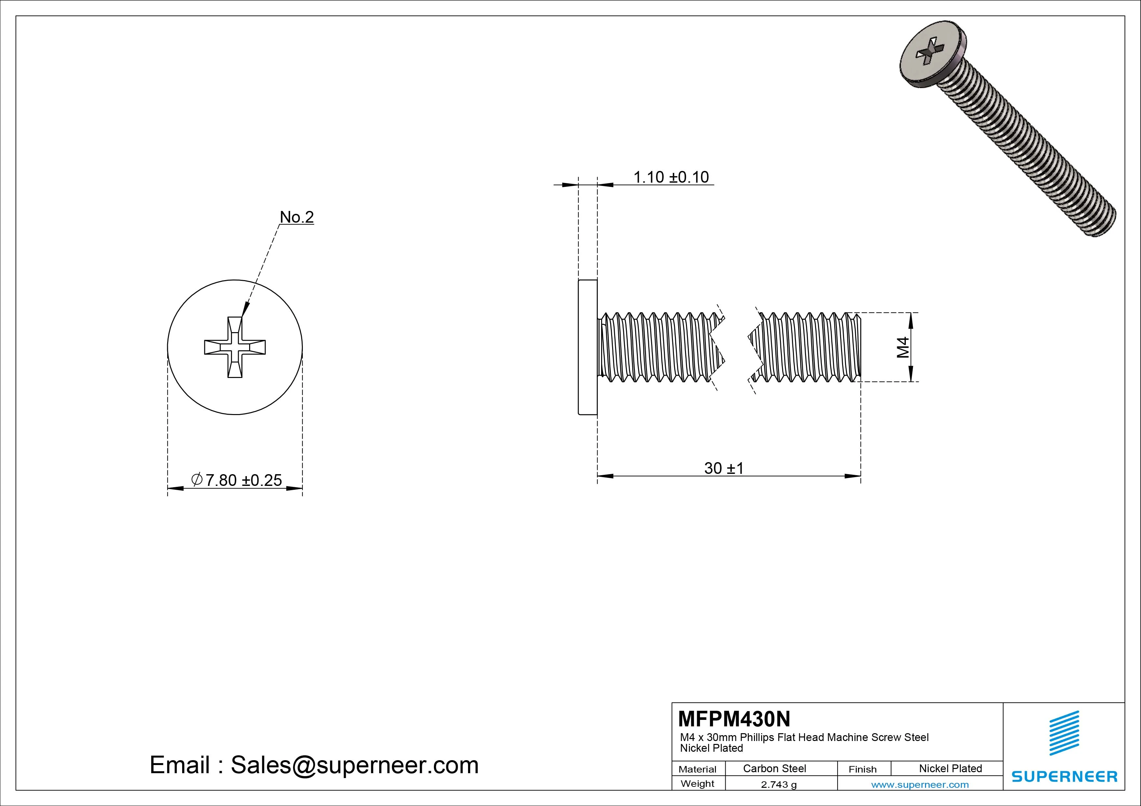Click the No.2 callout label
pyautogui.click(x=297, y=217)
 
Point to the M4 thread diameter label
pyautogui.click(x=903, y=347)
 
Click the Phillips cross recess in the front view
pyautogui.click(x=235, y=347)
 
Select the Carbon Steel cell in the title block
pyautogui.click(x=774, y=768)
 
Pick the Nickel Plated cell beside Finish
pyautogui.click(x=950, y=768)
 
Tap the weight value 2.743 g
pyautogui.click(x=779, y=785)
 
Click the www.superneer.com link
pyautogui.click(x=920, y=785)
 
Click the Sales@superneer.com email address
pyautogui.click(x=354, y=765)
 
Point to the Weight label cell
pyautogui.click(x=697, y=784)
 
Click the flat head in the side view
pyautogui.click(x=587, y=347)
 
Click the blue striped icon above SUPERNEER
pyautogui.click(x=1064, y=733)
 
